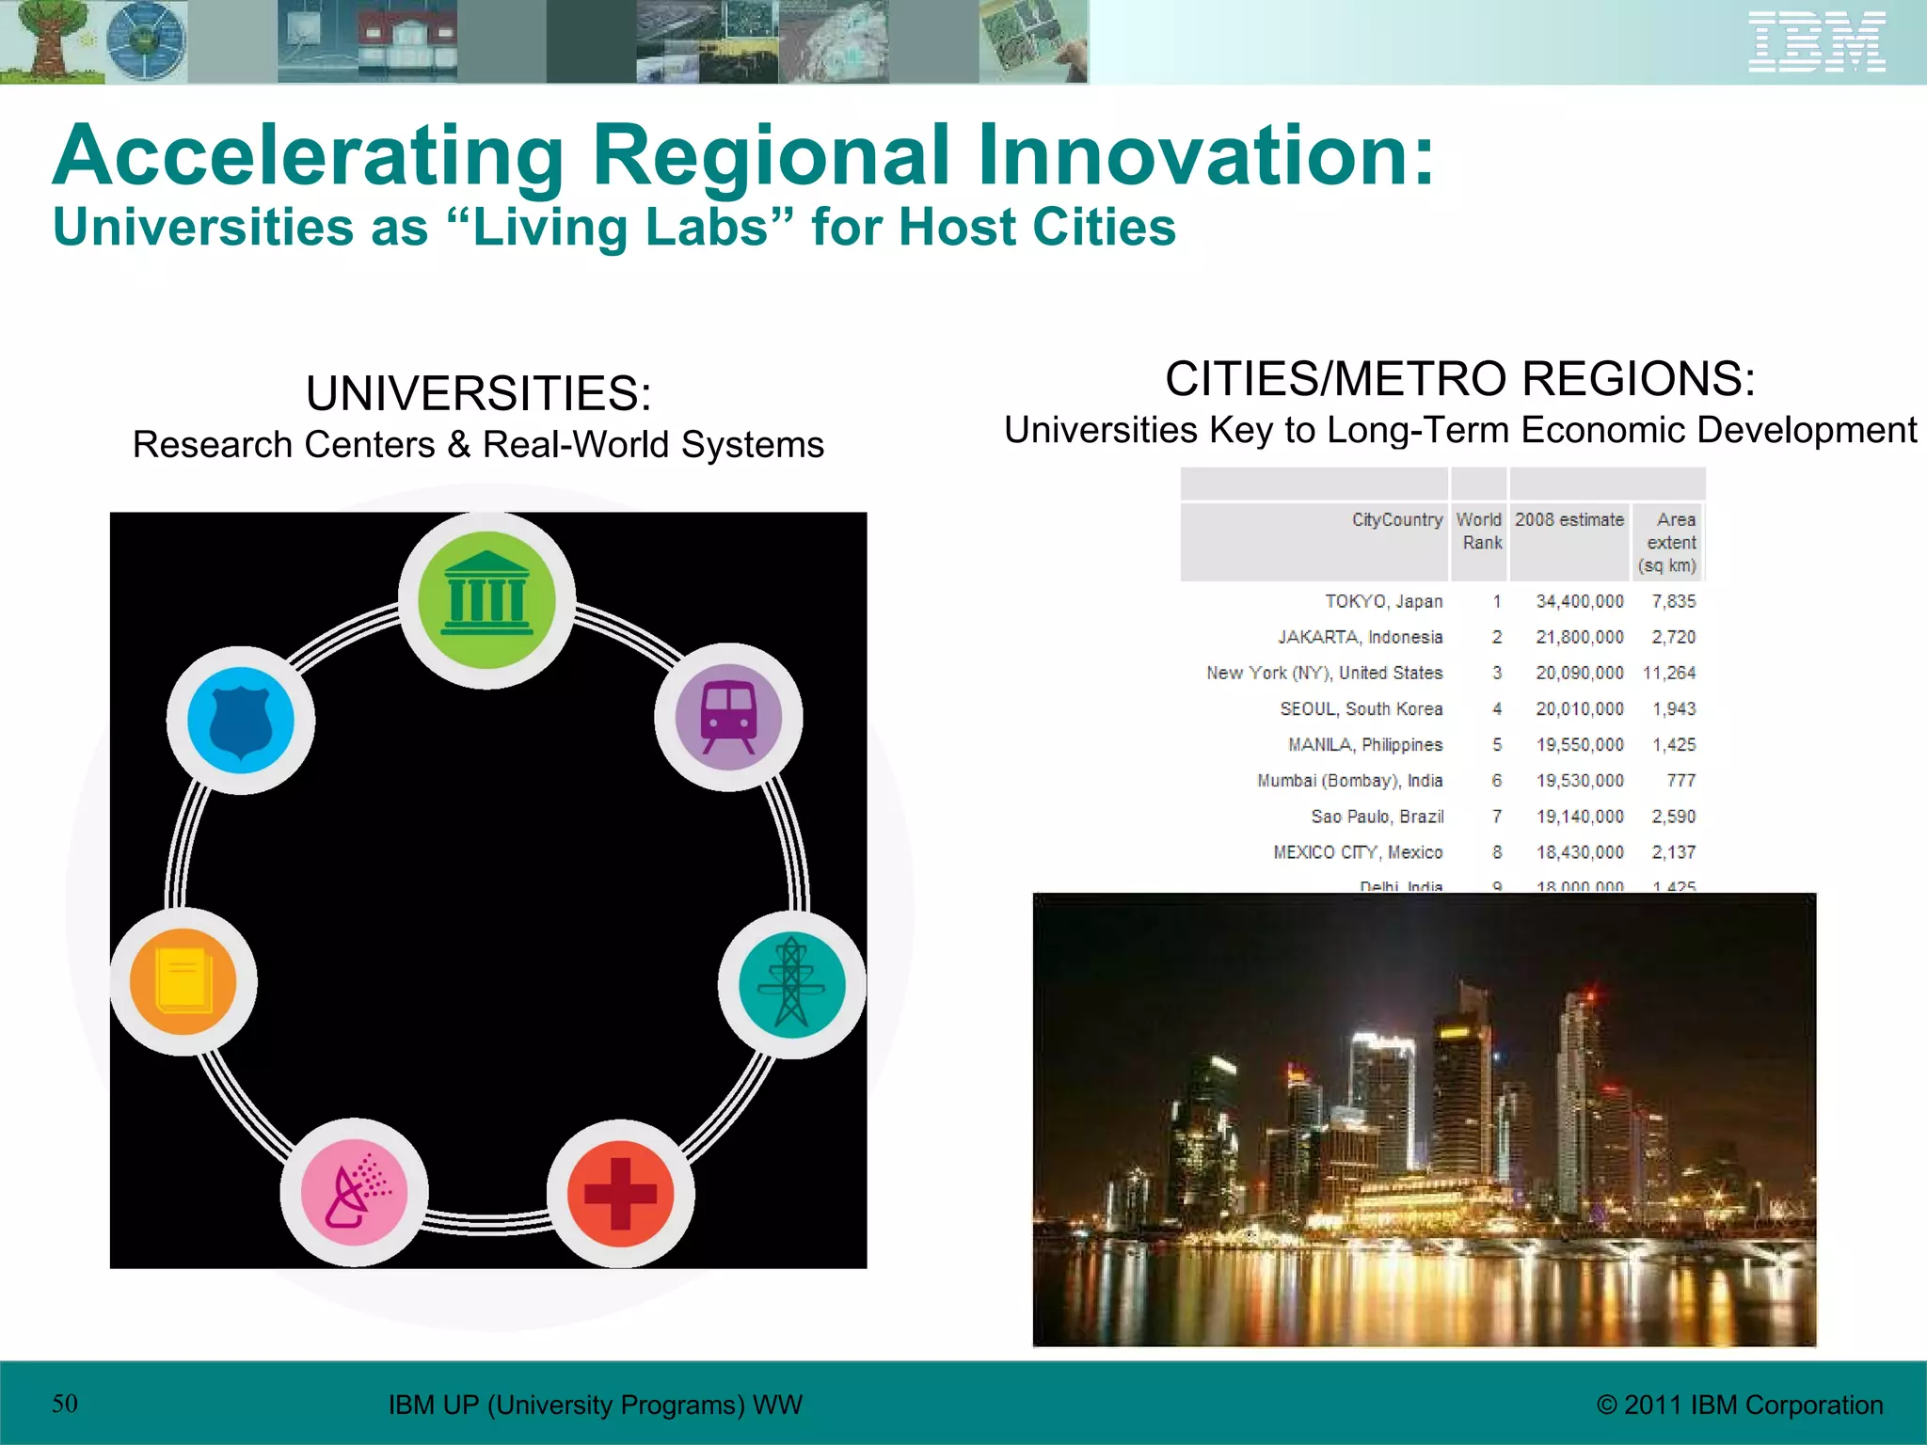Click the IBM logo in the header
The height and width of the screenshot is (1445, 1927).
1816,41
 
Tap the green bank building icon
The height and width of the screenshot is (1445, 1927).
486,600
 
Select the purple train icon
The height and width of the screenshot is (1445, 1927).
728,717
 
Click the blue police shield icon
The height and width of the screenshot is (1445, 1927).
241,720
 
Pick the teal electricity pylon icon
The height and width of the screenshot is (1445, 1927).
791,984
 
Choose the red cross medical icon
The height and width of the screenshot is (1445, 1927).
620,1194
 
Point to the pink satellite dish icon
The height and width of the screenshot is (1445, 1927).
354,1192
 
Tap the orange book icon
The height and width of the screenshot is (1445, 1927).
183,981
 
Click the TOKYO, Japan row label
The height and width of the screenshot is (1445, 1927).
1383,601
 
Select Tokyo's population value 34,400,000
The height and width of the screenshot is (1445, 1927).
1580,601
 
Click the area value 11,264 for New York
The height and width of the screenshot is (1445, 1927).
1669,673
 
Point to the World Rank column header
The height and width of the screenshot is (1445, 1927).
1479,531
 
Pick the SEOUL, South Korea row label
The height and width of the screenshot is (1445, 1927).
1361,708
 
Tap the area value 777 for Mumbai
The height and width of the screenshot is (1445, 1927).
1680,780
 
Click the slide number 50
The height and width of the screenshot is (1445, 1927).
65,1404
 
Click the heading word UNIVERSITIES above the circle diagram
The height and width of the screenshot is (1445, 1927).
478,393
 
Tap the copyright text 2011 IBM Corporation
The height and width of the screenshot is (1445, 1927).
1740,1405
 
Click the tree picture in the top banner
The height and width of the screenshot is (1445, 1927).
47,41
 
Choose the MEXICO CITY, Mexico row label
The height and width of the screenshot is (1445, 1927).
1358,852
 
